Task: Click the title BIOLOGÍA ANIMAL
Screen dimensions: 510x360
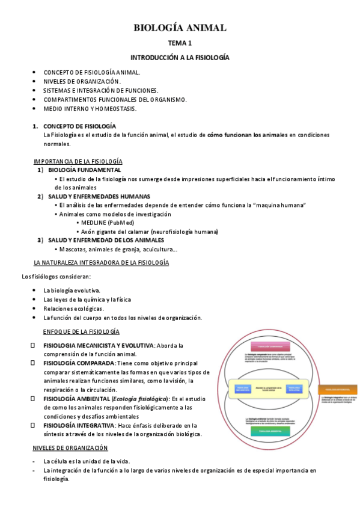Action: tap(180, 28)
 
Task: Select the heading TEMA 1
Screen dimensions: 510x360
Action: tap(180, 43)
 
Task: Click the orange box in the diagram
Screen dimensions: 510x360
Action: tap(337, 390)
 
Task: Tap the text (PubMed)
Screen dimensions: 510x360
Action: tap(121, 223)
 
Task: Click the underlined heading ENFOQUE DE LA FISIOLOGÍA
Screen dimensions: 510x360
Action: tap(81, 331)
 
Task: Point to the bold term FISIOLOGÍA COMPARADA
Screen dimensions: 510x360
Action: tap(79, 363)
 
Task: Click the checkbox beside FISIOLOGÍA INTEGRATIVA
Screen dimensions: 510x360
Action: tap(34, 425)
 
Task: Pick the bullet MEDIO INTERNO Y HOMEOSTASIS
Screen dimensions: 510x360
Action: tap(90, 109)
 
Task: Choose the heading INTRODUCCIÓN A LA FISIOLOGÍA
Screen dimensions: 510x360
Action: tap(180, 58)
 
